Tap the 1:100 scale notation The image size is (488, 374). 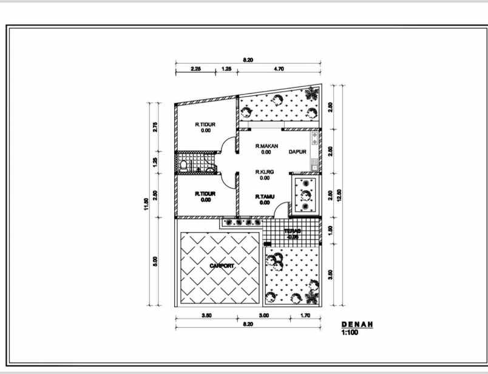tap(350, 333)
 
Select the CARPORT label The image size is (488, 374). tap(222, 266)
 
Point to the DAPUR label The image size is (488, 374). tap(297, 152)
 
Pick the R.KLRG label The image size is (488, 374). tap(265, 172)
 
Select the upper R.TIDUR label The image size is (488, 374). tap(205, 124)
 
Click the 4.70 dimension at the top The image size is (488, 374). tap(279, 69)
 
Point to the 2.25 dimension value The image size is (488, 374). tap(196, 69)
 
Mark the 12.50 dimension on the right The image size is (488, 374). tap(339, 195)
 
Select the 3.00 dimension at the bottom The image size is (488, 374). tap(264, 316)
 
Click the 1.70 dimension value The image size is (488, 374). tap(307, 316)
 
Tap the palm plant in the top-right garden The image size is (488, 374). tap(311, 95)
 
